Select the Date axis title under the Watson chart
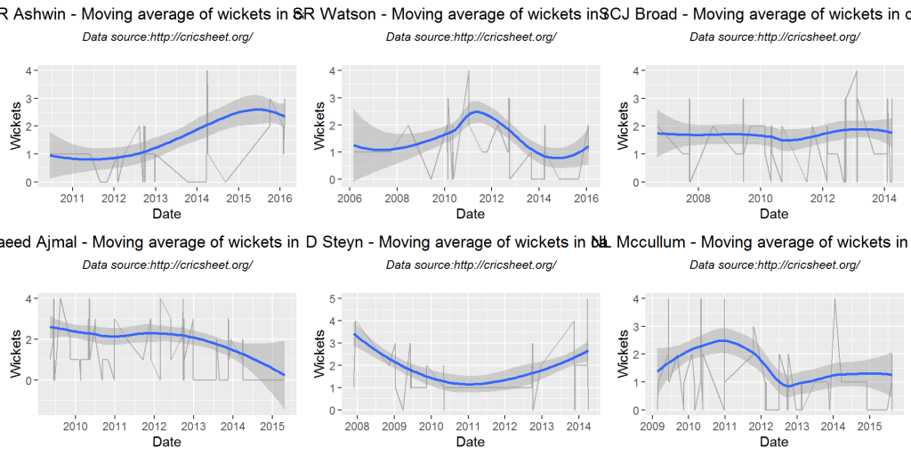pos(470,214)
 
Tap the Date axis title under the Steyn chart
pos(470,442)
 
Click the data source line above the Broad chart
pos(774,37)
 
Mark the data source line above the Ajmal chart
pos(167,265)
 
